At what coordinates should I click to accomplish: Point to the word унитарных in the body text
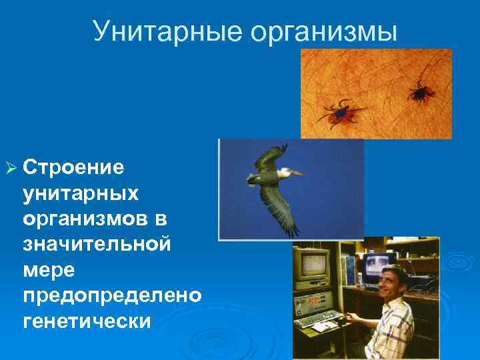81,193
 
